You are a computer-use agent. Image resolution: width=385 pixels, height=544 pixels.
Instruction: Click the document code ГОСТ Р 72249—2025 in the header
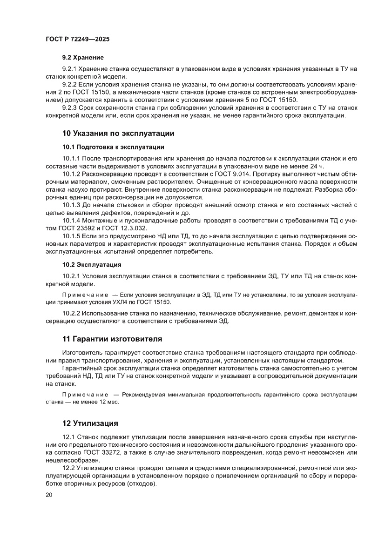77,40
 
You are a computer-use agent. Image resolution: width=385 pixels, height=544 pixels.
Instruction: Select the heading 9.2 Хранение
82,58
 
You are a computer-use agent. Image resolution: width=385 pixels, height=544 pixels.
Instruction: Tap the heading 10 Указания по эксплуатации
118,134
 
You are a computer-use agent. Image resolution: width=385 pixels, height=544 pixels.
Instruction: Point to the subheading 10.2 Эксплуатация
92,265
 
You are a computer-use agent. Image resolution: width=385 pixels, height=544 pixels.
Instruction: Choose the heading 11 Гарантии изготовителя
112,338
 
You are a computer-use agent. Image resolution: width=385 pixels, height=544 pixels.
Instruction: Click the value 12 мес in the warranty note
108,402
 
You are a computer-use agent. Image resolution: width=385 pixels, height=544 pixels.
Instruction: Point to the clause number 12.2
68,468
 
